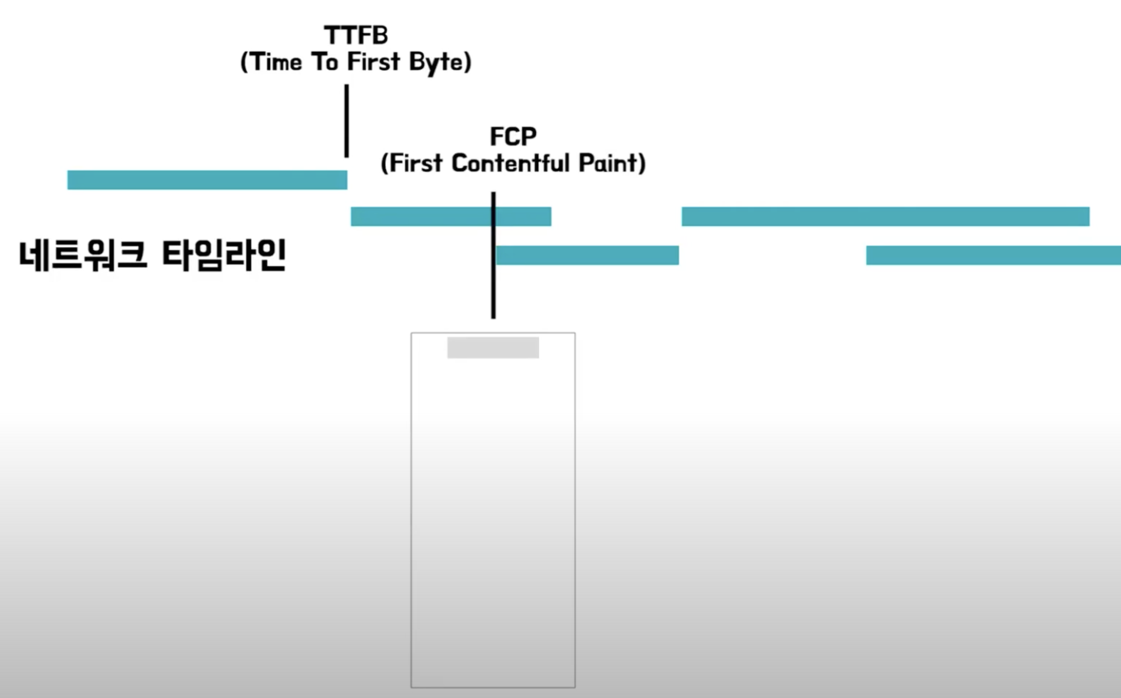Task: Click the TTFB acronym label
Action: (355, 36)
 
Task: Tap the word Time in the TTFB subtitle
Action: (276, 62)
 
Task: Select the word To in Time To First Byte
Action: (325, 62)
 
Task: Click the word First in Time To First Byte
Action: (373, 62)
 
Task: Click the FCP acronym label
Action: (513, 137)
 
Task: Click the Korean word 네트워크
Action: (83, 255)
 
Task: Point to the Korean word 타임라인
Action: (224, 255)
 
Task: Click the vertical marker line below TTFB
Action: (347, 121)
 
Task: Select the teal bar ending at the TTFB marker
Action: (207, 180)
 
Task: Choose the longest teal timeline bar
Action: (885, 216)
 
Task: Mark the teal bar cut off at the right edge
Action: (993, 255)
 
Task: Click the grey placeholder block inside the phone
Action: (493, 347)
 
